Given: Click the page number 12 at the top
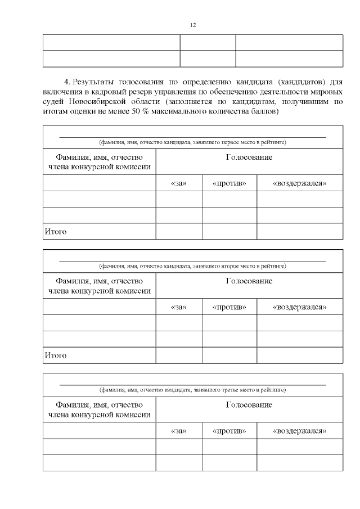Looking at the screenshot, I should click(x=193, y=25).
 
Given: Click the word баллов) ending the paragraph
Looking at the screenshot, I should click(x=264, y=111).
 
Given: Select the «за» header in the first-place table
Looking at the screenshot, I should click(x=178, y=183).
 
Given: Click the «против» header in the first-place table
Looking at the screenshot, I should click(x=229, y=183).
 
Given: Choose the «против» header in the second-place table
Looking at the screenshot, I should click(x=229, y=307).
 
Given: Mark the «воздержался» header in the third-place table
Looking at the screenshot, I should click(x=300, y=431).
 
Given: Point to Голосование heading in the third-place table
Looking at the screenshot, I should click(x=249, y=405).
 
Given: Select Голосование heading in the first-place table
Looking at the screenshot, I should click(x=249, y=157).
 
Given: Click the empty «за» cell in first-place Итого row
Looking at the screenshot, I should click(x=178, y=231).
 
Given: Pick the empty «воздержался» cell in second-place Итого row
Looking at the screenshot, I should click(x=300, y=355).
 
